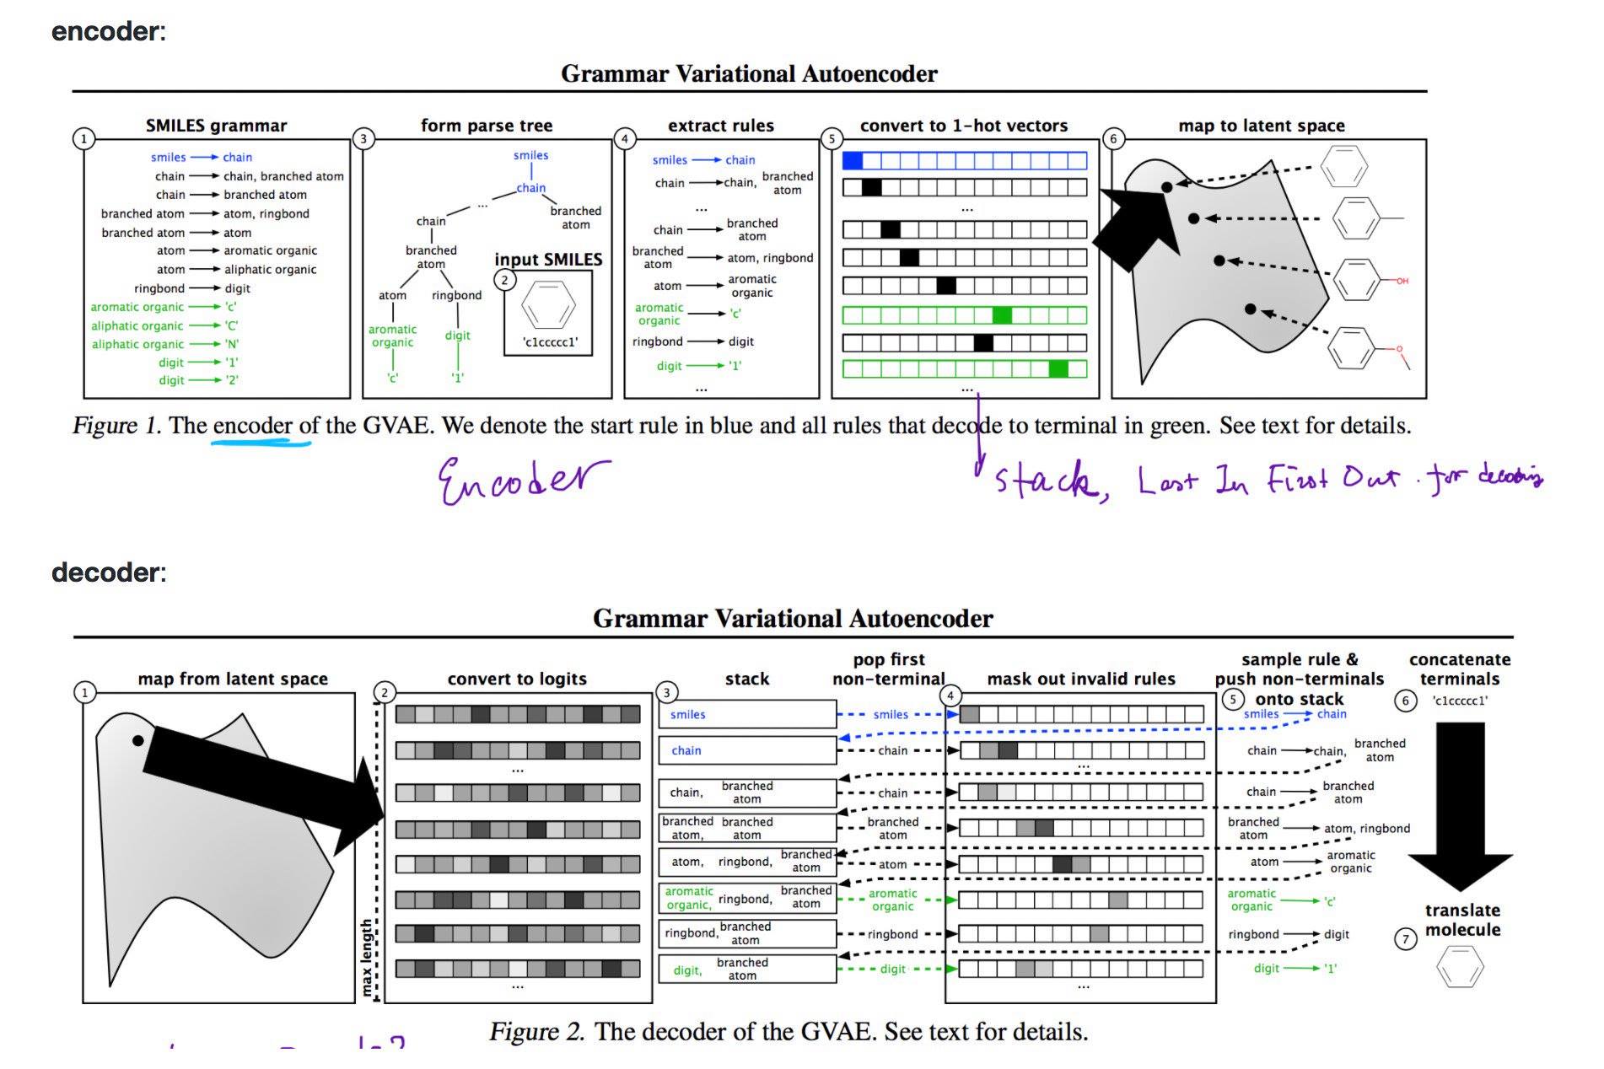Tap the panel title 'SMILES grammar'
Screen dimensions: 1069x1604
(216, 126)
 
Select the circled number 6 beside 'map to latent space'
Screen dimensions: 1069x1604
(1113, 139)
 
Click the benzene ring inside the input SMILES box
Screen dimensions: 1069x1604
(548, 304)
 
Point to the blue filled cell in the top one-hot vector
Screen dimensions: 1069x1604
(853, 160)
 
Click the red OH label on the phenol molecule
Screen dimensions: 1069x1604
(1402, 281)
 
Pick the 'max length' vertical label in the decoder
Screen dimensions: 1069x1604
(367, 957)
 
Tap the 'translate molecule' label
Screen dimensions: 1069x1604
(1462, 920)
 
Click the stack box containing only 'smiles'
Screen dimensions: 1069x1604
(747, 714)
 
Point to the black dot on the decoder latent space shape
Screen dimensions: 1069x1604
(138, 740)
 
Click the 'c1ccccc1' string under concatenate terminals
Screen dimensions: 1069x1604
(1460, 701)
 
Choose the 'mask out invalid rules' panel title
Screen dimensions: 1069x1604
(1081, 679)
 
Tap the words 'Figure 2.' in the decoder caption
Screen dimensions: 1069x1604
(536, 1032)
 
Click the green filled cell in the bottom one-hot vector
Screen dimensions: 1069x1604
(1058, 368)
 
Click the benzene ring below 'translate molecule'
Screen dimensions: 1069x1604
(1459, 967)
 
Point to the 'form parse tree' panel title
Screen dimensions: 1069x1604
(487, 126)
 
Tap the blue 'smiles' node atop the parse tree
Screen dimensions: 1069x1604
(530, 155)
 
